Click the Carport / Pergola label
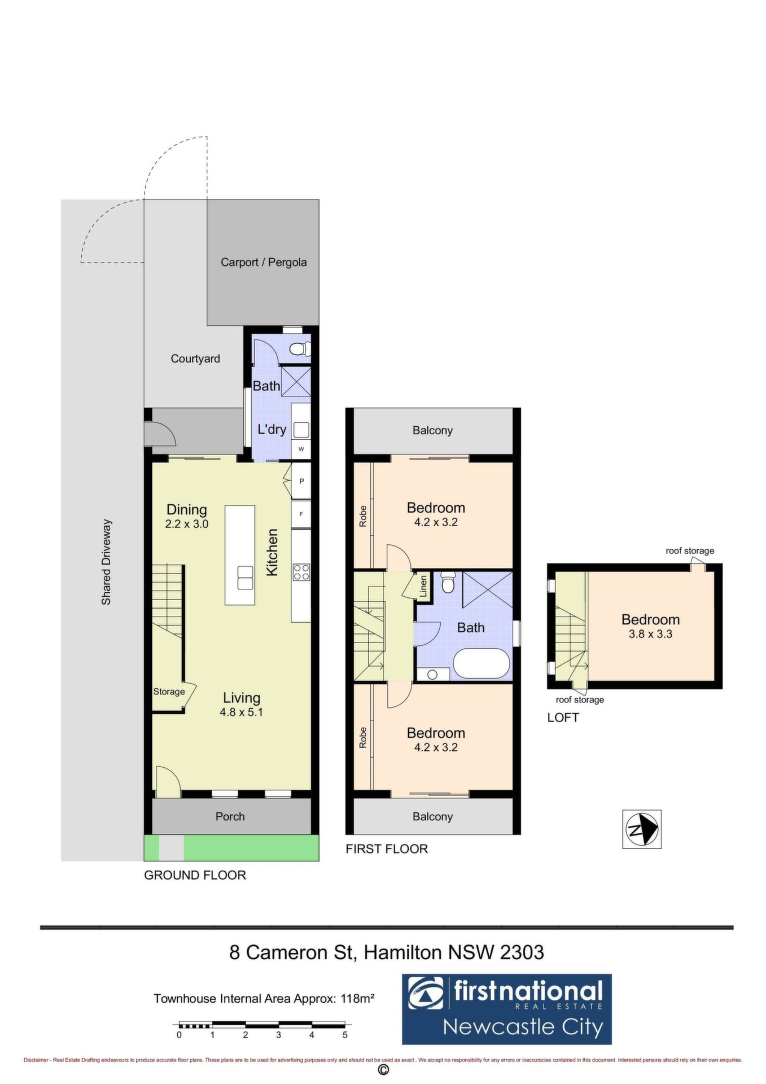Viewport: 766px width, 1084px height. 264,263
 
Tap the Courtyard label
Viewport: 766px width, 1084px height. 195,359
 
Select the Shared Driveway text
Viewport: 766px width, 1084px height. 106,562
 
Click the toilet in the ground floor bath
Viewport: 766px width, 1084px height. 300,349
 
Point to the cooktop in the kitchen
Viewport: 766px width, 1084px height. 301,572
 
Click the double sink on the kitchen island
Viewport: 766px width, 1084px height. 246,578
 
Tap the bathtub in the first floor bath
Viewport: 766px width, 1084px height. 482,663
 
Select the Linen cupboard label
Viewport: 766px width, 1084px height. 423,587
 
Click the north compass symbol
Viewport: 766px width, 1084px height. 642,829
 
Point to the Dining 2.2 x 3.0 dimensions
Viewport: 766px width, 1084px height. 187,524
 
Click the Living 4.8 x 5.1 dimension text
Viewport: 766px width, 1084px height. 241,713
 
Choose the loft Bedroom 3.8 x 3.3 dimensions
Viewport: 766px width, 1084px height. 650,634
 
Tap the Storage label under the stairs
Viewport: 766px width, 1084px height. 169,692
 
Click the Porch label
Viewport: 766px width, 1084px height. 230,816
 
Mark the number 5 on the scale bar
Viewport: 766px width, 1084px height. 345,1035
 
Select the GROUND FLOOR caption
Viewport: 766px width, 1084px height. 195,875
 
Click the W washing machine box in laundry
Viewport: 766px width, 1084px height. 301,449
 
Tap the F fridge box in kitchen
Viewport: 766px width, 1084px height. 301,514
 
